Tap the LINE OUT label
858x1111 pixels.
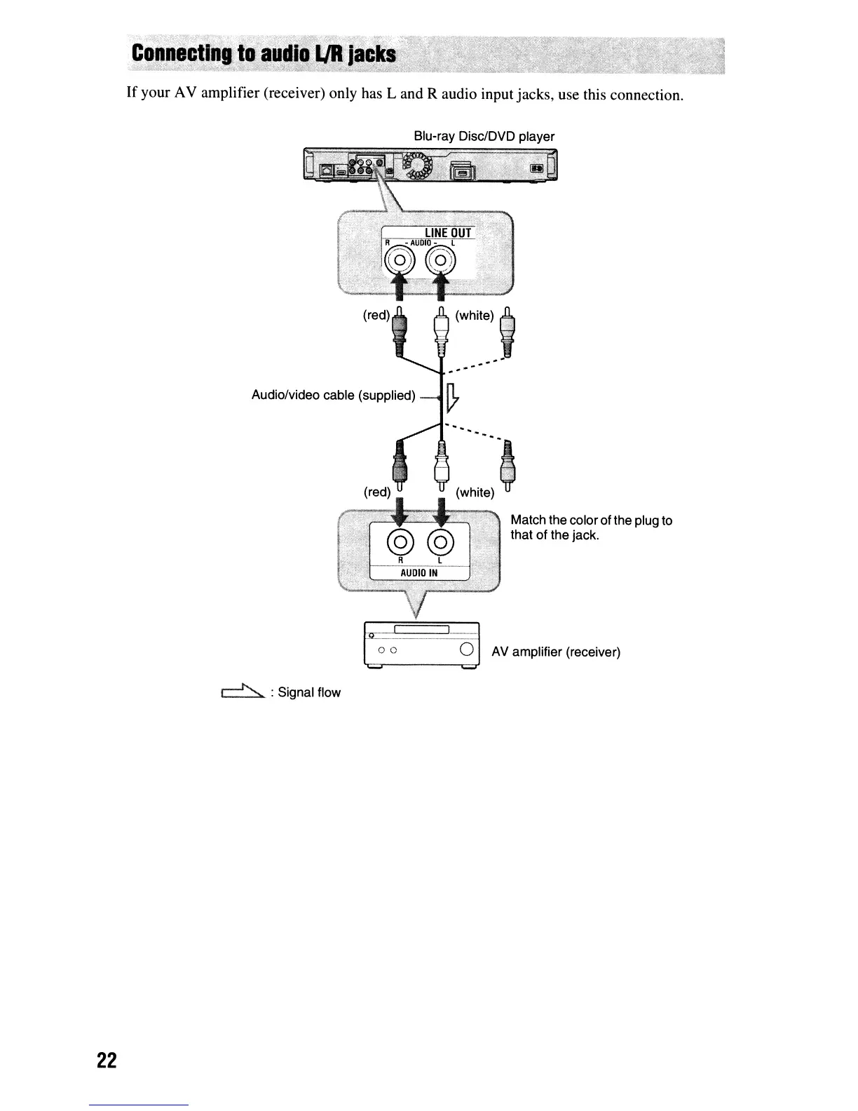[449, 233]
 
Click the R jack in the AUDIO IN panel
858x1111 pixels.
[400, 541]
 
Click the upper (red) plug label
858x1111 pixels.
[376, 316]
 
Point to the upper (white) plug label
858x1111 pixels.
[475, 316]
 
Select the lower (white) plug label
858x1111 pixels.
[475, 492]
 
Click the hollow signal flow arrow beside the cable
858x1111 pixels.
[452, 397]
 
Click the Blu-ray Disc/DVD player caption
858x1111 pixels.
[484, 136]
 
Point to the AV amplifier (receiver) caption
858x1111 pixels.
[556, 652]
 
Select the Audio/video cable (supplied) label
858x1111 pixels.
[333, 396]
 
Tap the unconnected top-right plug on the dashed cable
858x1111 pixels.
[509, 331]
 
